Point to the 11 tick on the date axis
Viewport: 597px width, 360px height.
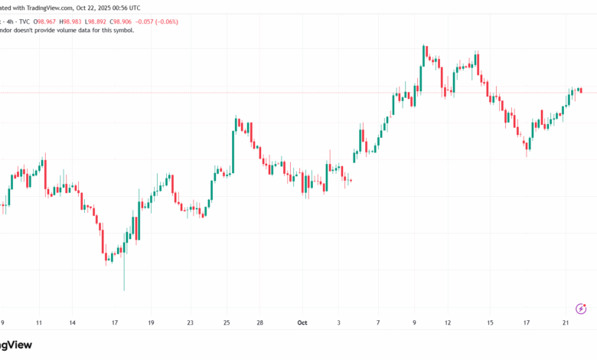39,323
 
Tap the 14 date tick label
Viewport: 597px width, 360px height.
72,323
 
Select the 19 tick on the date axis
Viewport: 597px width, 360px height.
151,323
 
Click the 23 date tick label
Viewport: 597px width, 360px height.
190,323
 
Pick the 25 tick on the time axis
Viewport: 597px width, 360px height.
227,323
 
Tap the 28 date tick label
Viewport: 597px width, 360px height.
260,323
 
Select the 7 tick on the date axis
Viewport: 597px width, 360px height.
378,323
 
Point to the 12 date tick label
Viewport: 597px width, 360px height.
448,323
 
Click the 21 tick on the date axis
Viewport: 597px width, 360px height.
565,323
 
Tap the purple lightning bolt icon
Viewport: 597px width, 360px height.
580,309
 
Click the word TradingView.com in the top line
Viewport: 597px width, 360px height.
35,7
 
